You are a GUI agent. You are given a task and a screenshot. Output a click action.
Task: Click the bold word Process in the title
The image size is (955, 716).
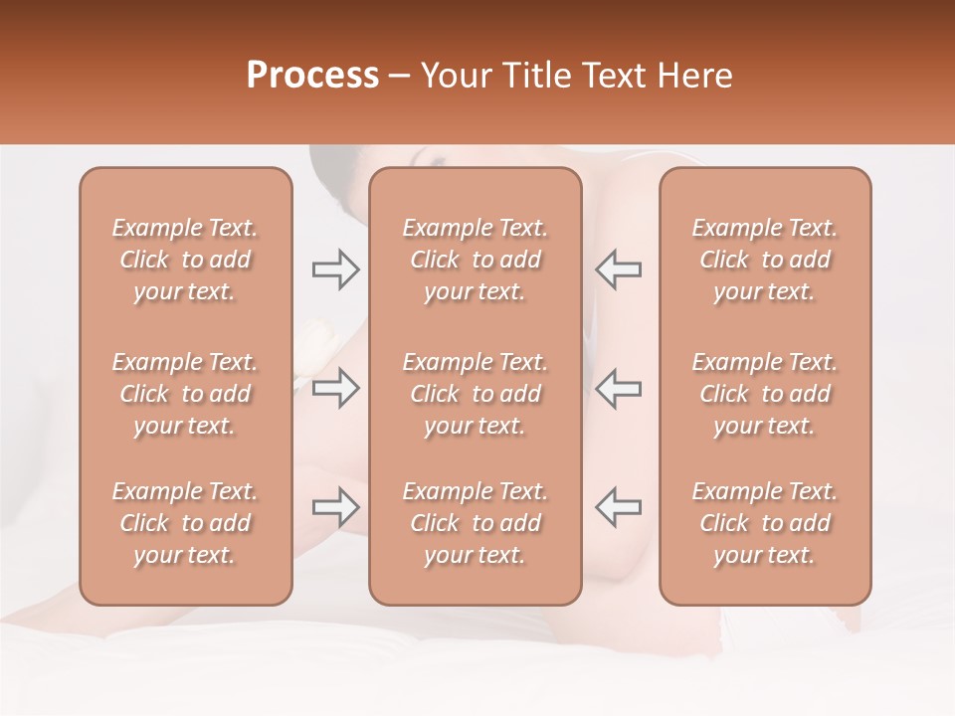click(x=312, y=76)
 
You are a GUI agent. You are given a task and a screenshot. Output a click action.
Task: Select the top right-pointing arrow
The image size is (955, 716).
click(x=335, y=269)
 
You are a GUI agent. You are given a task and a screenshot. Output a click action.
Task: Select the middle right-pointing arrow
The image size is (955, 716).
click(x=335, y=388)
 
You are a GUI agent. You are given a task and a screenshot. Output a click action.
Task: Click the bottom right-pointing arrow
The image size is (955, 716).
click(x=335, y=507)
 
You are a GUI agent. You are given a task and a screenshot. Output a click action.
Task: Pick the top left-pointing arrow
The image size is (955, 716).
click(x=618, y=269)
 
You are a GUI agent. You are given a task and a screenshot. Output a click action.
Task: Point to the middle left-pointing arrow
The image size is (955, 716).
click(x=618, y=388)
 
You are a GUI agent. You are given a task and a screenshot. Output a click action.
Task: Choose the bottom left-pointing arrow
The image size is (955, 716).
click(x=618, y=507)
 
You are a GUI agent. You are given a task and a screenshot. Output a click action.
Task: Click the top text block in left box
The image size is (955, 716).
click(x=185, y=260)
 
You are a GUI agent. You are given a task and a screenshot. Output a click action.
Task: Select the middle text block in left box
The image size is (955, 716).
click(x=185, y=394)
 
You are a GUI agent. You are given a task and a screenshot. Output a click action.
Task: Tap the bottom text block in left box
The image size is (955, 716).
click(x=185, y=523)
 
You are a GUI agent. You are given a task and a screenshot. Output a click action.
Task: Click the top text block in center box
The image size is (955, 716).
click(x=476, y=260)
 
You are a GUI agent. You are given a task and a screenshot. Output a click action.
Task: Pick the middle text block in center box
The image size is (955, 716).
click(x=476, y=394)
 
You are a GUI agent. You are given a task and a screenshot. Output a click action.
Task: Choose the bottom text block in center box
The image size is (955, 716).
click(x=476, y=523)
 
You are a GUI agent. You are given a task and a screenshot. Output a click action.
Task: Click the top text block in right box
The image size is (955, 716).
click(x=765, y=260)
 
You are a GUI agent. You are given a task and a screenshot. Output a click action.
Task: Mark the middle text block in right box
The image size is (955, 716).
click(x=765, y=394)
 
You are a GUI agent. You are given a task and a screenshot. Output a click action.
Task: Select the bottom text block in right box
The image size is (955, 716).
click(x=765, y=523)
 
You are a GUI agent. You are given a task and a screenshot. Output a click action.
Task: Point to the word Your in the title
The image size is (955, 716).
click(x=456, y=76)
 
